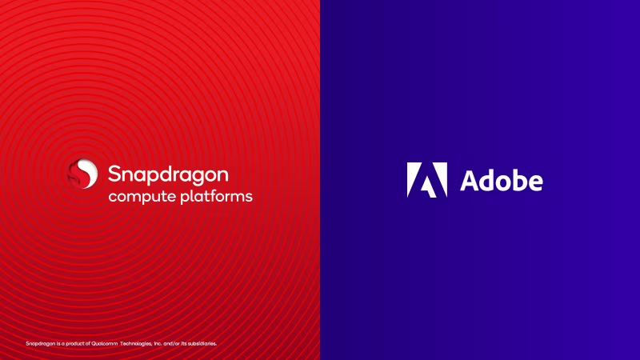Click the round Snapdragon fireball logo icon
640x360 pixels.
pos(83,174)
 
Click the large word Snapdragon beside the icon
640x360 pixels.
pos(168,175)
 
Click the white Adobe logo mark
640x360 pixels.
pos(427,179)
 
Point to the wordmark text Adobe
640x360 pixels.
pos(502,181)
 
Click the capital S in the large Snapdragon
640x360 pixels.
pos(115,174)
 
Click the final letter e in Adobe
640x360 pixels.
pos(534,183)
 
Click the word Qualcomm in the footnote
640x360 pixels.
pos(105,344)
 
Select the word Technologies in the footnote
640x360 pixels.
pos(136,344)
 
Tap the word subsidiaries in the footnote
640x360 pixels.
pos(202,344)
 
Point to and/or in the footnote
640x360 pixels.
pos(171,344)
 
